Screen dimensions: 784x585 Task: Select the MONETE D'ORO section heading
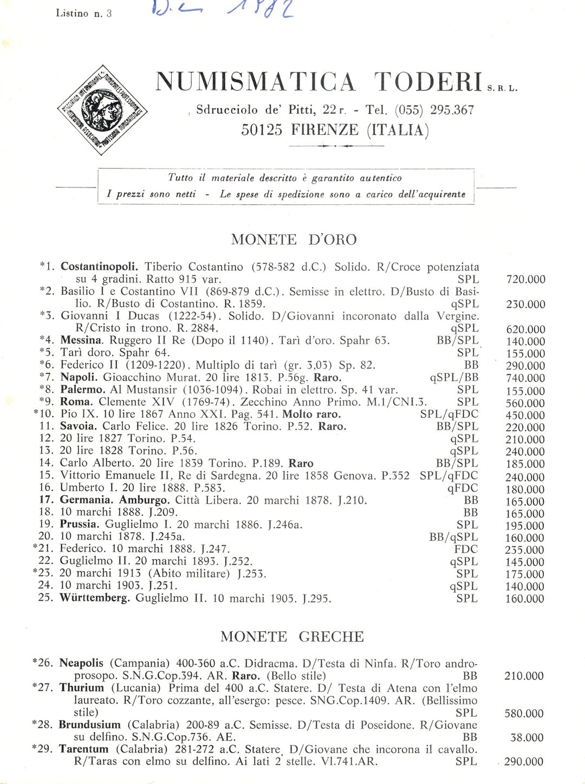coord(294,239)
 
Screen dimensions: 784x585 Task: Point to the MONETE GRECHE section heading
coord(292,637)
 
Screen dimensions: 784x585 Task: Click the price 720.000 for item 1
coord(525,280)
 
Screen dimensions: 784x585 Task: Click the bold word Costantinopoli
coord(100,267)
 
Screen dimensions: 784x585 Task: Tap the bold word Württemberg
coord(95,599)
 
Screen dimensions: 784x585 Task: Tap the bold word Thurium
coord(81,688)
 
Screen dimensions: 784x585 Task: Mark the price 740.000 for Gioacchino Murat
coord(525,378)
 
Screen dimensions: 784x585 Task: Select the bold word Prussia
coord(80,524)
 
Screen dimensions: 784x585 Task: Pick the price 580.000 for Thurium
coord(524,714)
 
